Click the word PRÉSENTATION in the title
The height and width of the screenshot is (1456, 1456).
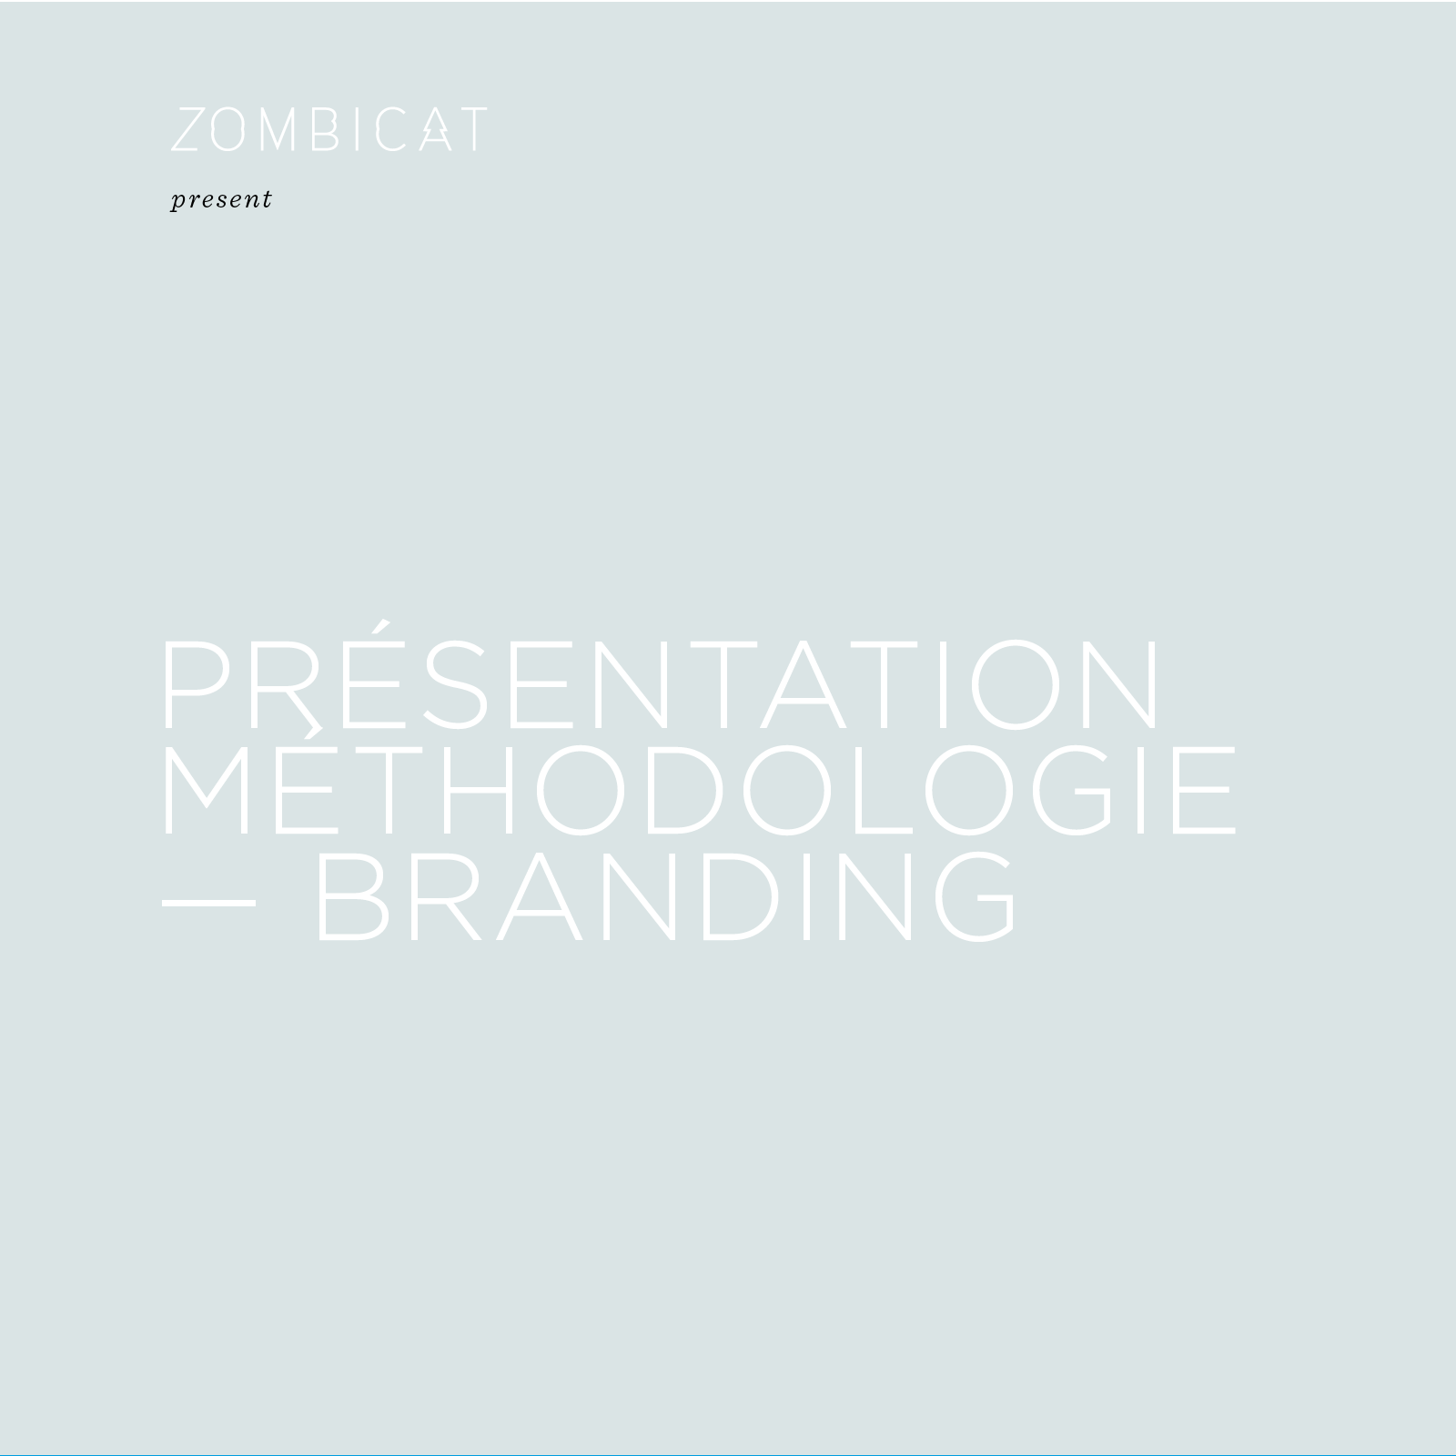tap(662, 676)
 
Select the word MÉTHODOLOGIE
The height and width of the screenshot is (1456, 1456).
tap(700, 788)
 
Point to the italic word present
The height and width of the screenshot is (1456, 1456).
tap(221, 199)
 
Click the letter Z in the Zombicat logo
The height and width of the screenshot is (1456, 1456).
tap(187, 129)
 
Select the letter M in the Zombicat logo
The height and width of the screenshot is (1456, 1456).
tap(275, 129)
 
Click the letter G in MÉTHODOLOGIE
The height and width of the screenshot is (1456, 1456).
tap(1071, 789)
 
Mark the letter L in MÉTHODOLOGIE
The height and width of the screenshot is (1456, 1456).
tap(883, 789)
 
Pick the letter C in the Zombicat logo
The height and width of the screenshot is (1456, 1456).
tap(394, 129)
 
